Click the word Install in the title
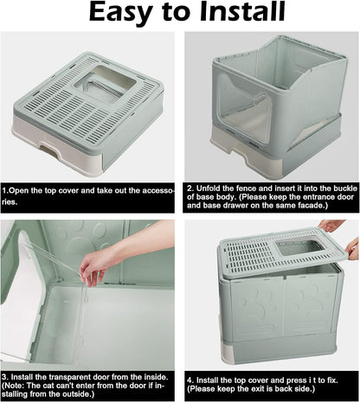click(x=242, y=11)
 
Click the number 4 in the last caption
click(x=190, y=380)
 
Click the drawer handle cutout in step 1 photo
click(x=48, y=150)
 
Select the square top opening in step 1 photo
click(x=106, y=84)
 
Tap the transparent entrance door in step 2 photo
click(x=244, y=107)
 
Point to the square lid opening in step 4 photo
click(x=299, y=248)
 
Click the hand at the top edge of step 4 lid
click(x=331, y=225)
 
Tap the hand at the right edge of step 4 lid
click(x=353, y=249)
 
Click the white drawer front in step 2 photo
click(x=246, y=157)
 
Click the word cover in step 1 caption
click(x=69, y=191)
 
